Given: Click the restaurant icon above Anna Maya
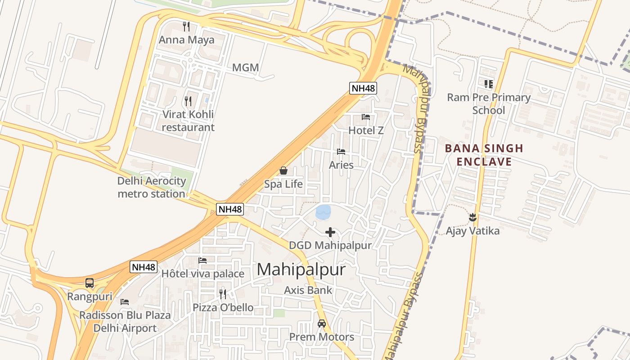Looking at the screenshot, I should pos(186,27).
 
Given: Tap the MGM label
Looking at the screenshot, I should pos(245,68).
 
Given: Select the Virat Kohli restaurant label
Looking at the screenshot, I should pos(188,121).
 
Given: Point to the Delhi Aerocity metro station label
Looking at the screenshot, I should pos(151,187).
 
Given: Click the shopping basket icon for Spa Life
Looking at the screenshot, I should pos(283,171).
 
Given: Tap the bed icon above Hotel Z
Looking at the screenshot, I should pos(366,117).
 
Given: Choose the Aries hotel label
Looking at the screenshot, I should pos(341,165).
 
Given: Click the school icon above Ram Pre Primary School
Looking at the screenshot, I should pos(489,84).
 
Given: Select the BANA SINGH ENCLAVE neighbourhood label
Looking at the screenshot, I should pos(484,155).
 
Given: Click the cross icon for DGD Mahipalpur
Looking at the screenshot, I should pos(330,232).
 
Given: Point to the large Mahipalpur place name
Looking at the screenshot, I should pos(301,270).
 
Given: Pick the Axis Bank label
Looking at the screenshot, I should pos(308,290).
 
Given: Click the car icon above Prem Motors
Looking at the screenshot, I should pos(322,324).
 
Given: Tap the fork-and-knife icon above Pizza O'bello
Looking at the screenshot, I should pos(223,294).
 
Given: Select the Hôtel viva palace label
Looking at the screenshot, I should pos(202,274).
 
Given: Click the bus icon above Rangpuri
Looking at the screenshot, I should pos(90,283).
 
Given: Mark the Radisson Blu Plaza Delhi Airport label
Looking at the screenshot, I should pos(125,321).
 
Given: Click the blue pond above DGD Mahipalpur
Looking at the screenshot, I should pos(323,212).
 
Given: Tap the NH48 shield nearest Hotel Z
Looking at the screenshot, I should pos(363,88).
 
